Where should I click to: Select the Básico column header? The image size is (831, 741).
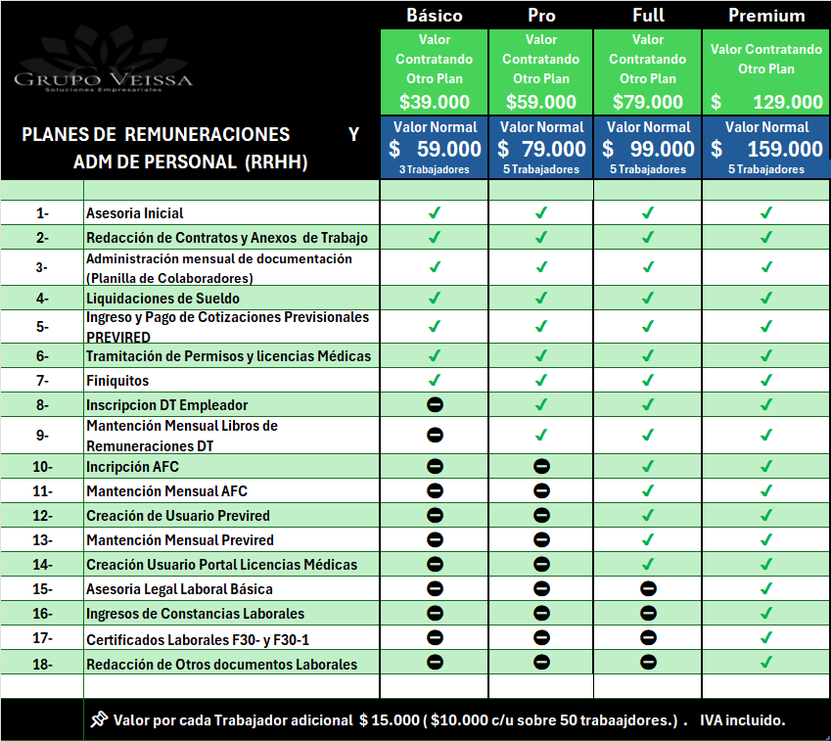tap(434, 16)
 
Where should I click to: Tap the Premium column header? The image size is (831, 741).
tap(766, 16)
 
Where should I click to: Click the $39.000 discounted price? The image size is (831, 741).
tap(434, 102)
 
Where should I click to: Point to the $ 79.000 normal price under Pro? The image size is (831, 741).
tap(541, 149)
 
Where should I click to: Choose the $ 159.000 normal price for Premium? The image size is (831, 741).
tap(766, 149)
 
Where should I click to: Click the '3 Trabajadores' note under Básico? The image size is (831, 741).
tap(434, 169)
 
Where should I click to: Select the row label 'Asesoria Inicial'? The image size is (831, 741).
tap(135, 213)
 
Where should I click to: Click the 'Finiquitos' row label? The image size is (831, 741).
tap(117, 381)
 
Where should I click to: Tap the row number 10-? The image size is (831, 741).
tap(42, 467)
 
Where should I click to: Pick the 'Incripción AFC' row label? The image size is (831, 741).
tap(132, 467)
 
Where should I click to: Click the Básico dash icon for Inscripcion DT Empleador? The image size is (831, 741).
tap(435, 405)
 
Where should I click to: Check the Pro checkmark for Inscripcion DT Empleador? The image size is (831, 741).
tap(541, 405)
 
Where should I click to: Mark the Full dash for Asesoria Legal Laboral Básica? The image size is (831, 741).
tap(648, 589)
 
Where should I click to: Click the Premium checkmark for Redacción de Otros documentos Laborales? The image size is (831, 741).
tap(766, 663)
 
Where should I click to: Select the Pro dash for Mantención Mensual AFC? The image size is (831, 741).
tap(541, 491)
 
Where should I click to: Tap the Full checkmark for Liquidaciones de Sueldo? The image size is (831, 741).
tap(648, 298)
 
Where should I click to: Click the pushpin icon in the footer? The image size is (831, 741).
tap(97, 719)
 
